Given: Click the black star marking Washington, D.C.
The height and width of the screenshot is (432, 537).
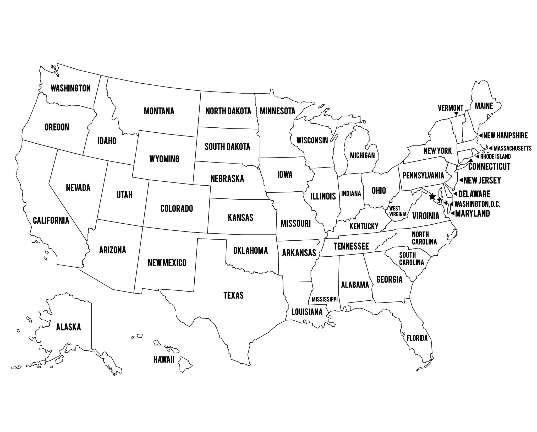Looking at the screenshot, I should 432,196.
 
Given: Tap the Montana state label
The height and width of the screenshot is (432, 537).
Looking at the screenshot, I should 159,111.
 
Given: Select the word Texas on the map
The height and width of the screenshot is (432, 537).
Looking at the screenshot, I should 233,295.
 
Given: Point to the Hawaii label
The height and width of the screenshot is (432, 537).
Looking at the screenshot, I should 164,360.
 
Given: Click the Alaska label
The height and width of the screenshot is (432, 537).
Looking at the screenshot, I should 69,327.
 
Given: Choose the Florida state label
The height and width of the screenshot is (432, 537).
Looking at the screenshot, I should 417,338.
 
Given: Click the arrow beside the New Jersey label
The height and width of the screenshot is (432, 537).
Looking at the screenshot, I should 461,180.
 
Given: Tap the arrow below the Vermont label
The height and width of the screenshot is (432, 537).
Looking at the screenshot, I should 456,114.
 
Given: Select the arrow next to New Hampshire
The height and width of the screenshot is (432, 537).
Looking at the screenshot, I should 480,136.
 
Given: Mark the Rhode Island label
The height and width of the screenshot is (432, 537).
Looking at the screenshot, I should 495,156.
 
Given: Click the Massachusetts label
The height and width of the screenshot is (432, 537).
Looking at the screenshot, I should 512,148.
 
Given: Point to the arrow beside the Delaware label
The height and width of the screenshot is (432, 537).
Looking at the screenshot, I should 455,194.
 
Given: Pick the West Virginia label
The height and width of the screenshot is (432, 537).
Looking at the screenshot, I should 398,211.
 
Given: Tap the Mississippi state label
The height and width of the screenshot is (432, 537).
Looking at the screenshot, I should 325,299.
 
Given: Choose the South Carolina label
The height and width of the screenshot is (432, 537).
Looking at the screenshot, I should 411,258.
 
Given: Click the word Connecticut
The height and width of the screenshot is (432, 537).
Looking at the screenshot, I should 489,166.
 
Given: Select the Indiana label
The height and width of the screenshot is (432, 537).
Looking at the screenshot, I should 351,193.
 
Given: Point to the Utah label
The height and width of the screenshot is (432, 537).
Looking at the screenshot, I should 124,195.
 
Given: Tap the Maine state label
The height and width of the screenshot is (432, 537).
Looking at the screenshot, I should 484,106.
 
